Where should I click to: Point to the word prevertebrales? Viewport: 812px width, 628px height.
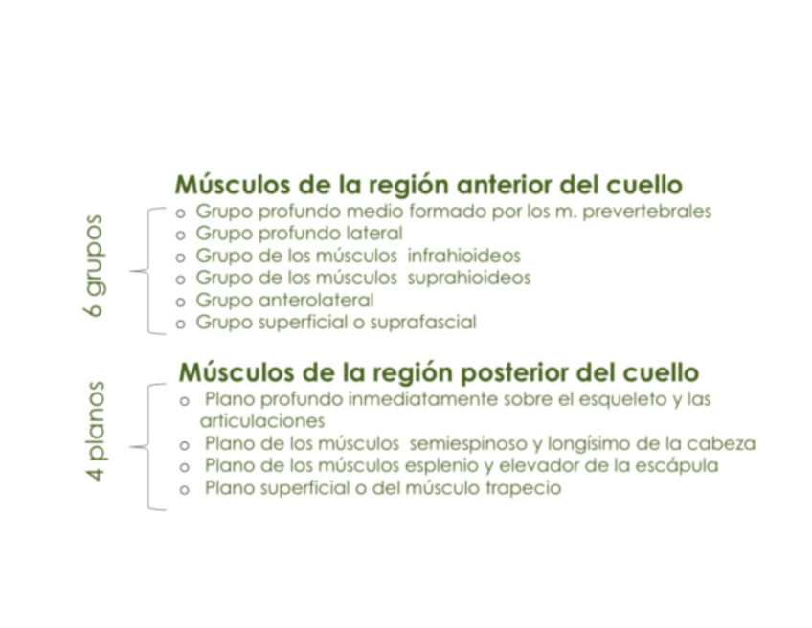pos(652,212)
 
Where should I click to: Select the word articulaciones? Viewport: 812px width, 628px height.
pos(261,420)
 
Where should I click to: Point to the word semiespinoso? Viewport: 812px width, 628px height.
pos(464,444)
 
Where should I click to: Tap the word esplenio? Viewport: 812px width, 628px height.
pos(462,466)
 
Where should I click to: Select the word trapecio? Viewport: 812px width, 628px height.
pos(523,488)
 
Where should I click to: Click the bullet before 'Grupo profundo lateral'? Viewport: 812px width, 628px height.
pos(181,235)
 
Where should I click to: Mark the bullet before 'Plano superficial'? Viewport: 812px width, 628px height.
pos(185,489)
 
